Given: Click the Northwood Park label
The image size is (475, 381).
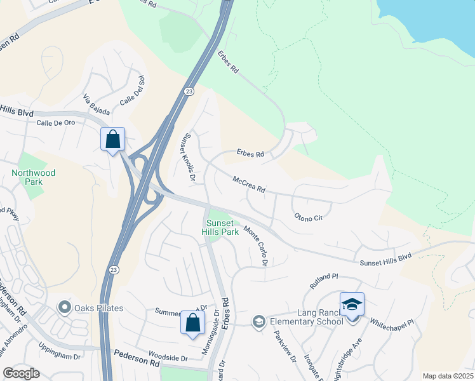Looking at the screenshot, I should click(x=33, y=177).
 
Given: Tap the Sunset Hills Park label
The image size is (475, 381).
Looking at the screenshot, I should click(x=220, y=227).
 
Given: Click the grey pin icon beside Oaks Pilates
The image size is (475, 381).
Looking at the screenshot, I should click(x=64, y=309).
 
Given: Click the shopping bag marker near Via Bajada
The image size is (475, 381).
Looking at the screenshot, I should click(x=112, y=139).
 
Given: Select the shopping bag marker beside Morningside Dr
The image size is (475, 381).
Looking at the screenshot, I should click(x=192, y=322).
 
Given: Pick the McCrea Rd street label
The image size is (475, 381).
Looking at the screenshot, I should click(x=248, y=185).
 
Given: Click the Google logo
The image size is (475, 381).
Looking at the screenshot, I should click(x=21, y=373).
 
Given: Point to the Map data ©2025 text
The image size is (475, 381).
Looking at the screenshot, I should click(x=447, y=376).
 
